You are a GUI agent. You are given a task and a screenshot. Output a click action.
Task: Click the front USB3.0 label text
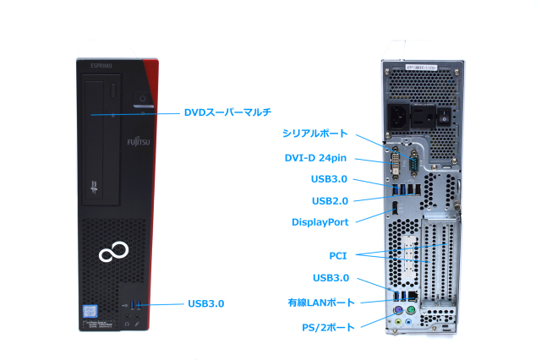[x=206, y=303]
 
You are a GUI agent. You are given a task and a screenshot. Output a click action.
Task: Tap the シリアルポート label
[x=314, y=134]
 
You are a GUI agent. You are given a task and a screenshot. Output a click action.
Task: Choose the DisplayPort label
[x=320, y=221]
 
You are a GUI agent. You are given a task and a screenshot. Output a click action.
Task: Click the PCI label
[x=337, y=254]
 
